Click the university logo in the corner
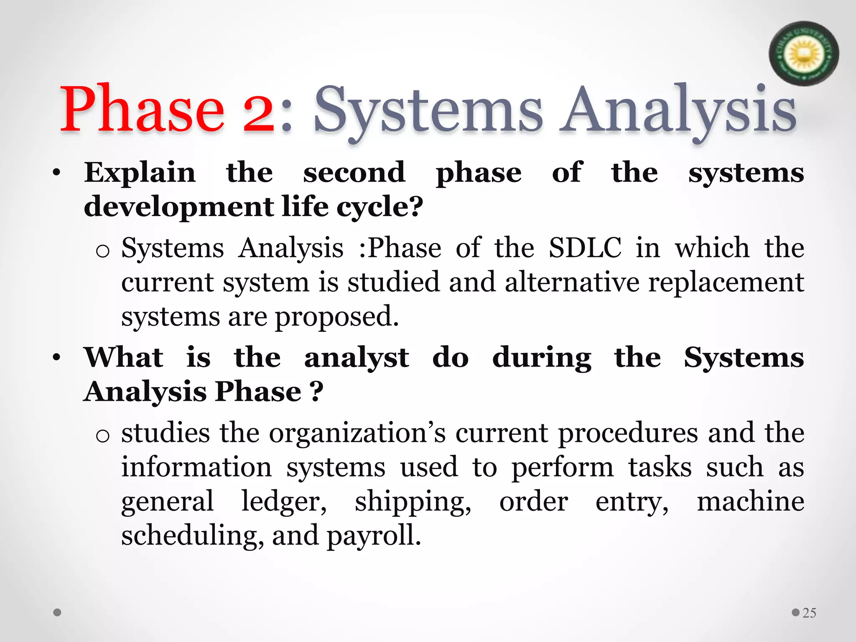(803, 53)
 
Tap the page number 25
(809, 613)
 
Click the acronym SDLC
(585, 247)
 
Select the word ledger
(284, 502)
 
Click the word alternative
(572, 282)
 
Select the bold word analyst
(357, 359)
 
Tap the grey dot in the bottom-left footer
(58, 613)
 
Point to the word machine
(750, 502)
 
